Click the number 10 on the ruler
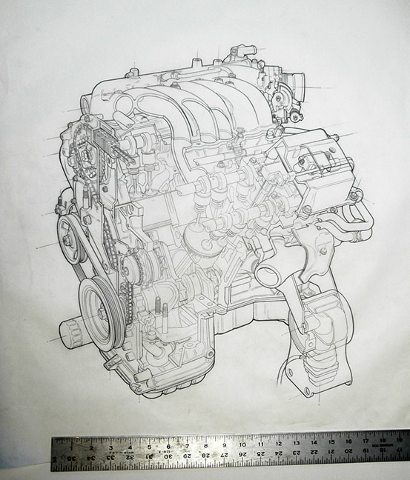242,445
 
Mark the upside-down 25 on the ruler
260,453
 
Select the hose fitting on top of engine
239,53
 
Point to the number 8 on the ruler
205,446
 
